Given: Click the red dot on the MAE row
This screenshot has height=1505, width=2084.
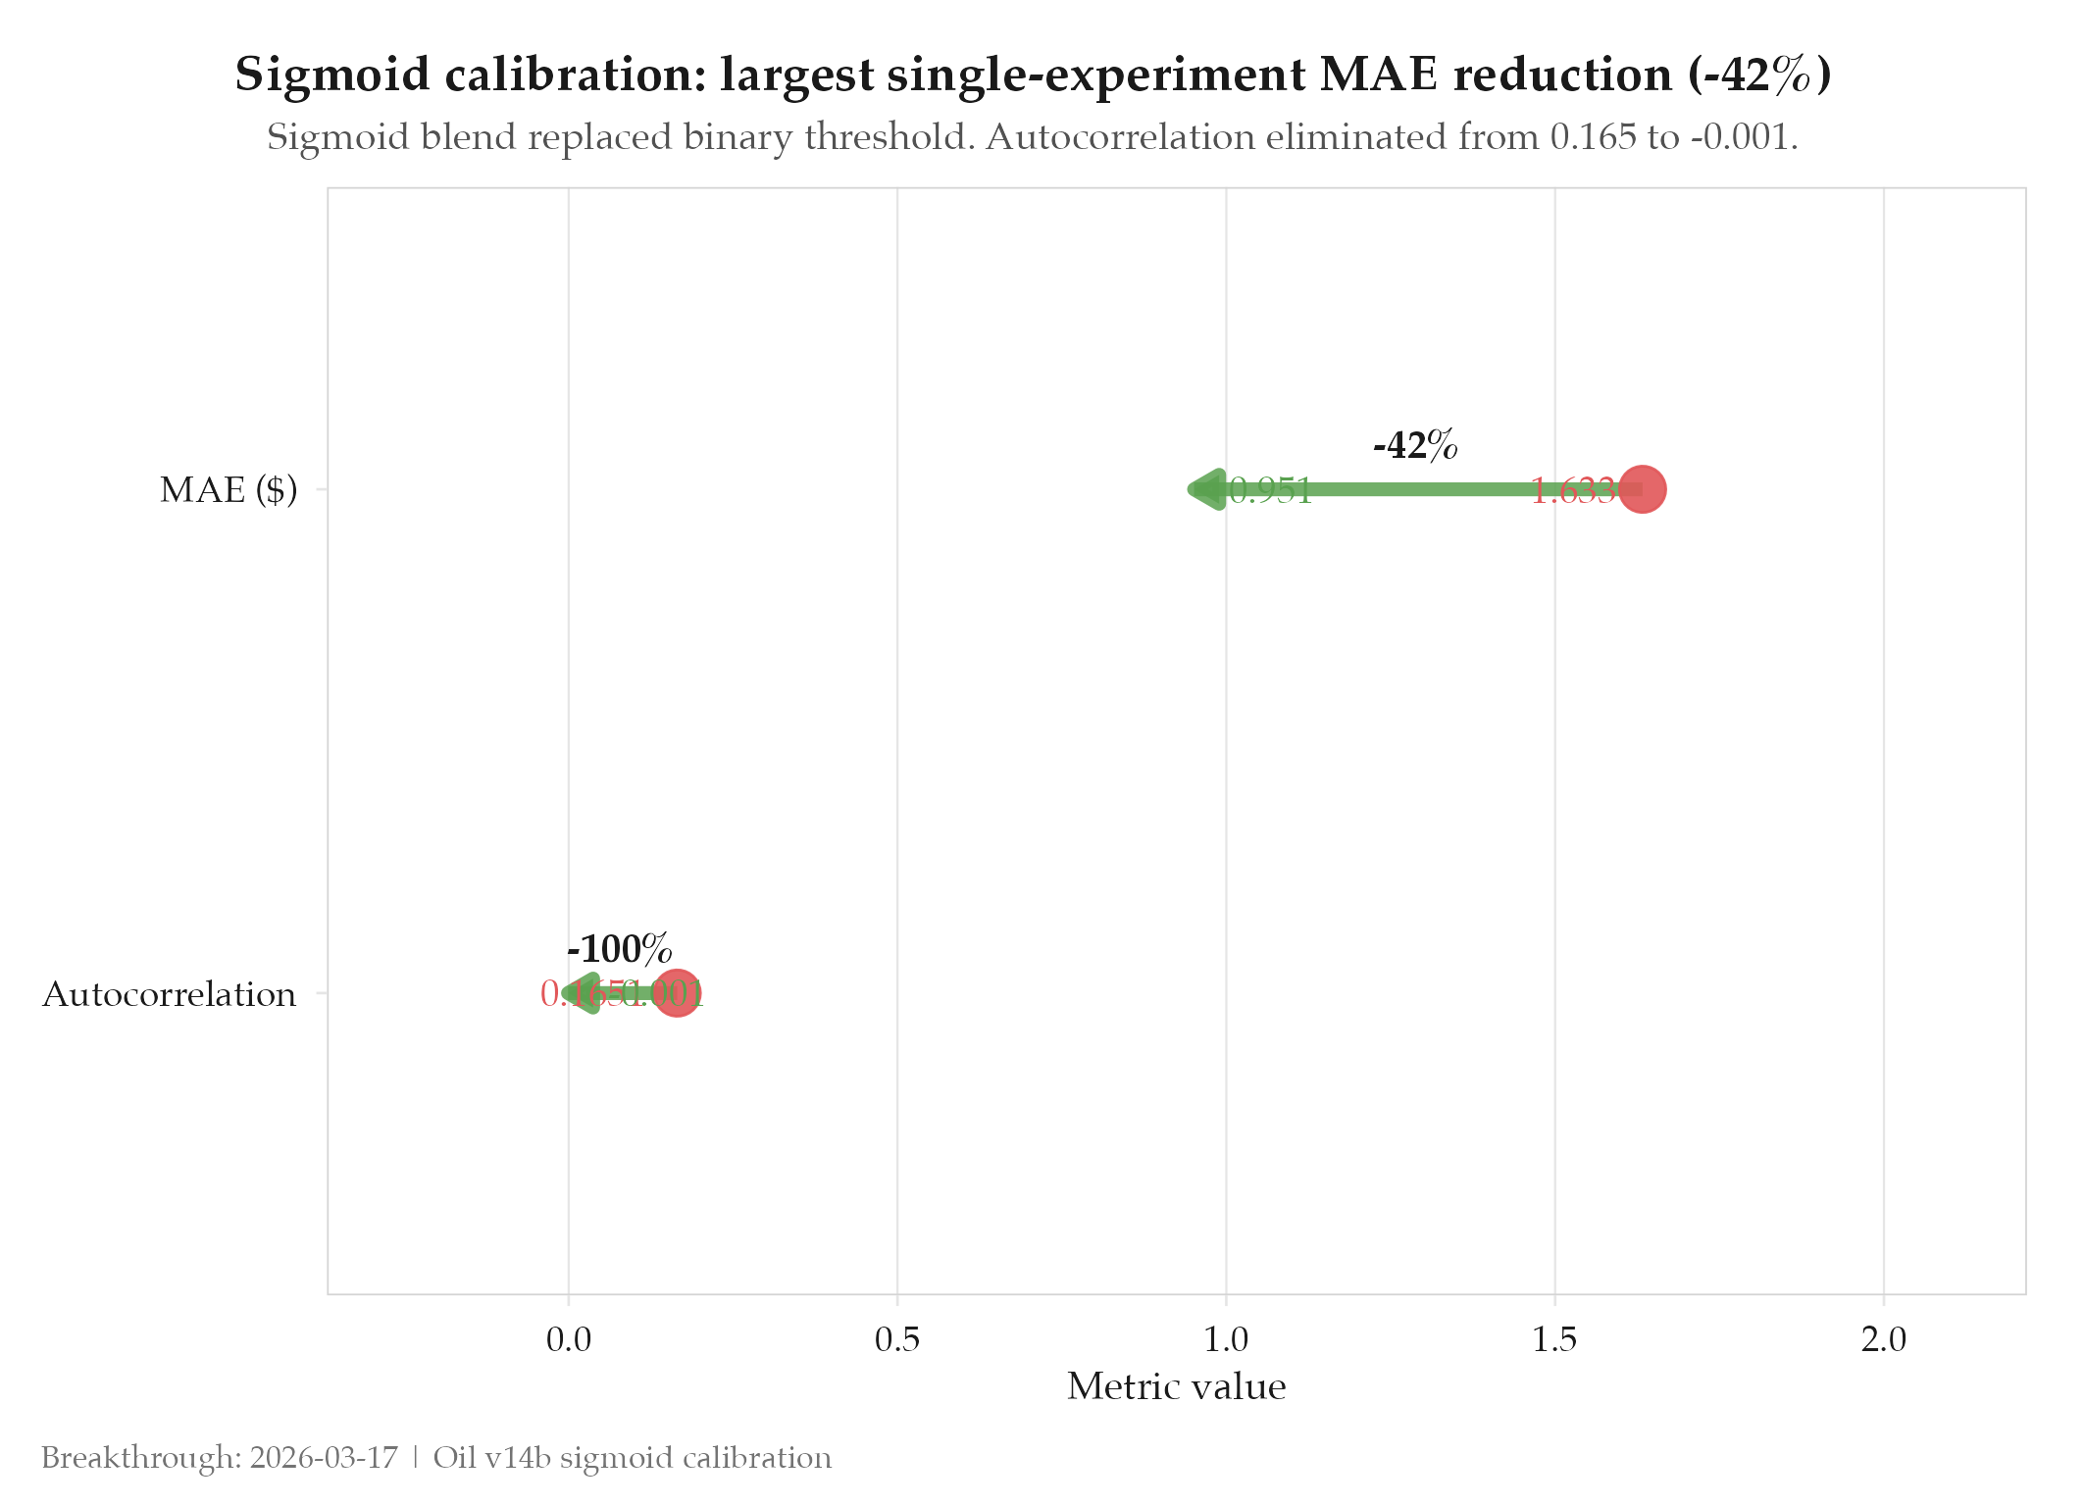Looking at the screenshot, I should pos(1642,489).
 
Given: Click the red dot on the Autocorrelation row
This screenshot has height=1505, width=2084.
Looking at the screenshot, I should pos(677,994).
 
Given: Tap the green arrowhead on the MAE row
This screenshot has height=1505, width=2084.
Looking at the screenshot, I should pos(1207,489).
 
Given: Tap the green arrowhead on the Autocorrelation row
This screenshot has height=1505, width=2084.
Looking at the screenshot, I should pos(584,994).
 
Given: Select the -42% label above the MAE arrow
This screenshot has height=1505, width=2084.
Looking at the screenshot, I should pos(1415,446).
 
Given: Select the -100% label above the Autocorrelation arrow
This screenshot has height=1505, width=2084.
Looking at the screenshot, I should pos(620,949).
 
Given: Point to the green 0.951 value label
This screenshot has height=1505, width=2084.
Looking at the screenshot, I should pos(1271,490).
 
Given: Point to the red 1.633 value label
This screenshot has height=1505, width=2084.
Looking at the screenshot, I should pos(1572,490).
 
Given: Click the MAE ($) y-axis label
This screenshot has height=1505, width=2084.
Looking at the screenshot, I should pos(229,489).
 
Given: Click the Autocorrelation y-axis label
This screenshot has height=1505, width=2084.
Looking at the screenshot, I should pos(169,994).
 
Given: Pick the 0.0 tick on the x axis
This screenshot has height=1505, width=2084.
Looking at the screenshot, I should pos(569,1339).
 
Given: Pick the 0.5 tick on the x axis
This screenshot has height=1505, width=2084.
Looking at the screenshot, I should pos(897,1339).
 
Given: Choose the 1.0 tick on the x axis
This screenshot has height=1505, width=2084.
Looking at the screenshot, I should pos(1226,1339).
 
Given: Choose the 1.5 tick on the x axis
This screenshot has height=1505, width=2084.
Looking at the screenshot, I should pos(1554,1339).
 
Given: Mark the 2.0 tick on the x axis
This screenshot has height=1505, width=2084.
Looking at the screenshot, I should pos(1884,1339).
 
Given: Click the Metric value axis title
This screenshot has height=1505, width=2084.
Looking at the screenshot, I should pos(1176,1386).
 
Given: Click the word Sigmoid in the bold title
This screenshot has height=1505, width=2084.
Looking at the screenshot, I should pos(332,75).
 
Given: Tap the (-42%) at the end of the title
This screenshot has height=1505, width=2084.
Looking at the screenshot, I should pos(1759,75).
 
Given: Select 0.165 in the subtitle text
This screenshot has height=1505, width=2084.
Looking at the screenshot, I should pos(1593,137).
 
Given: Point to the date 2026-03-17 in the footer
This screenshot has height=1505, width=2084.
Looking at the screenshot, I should pos(324,1458).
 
